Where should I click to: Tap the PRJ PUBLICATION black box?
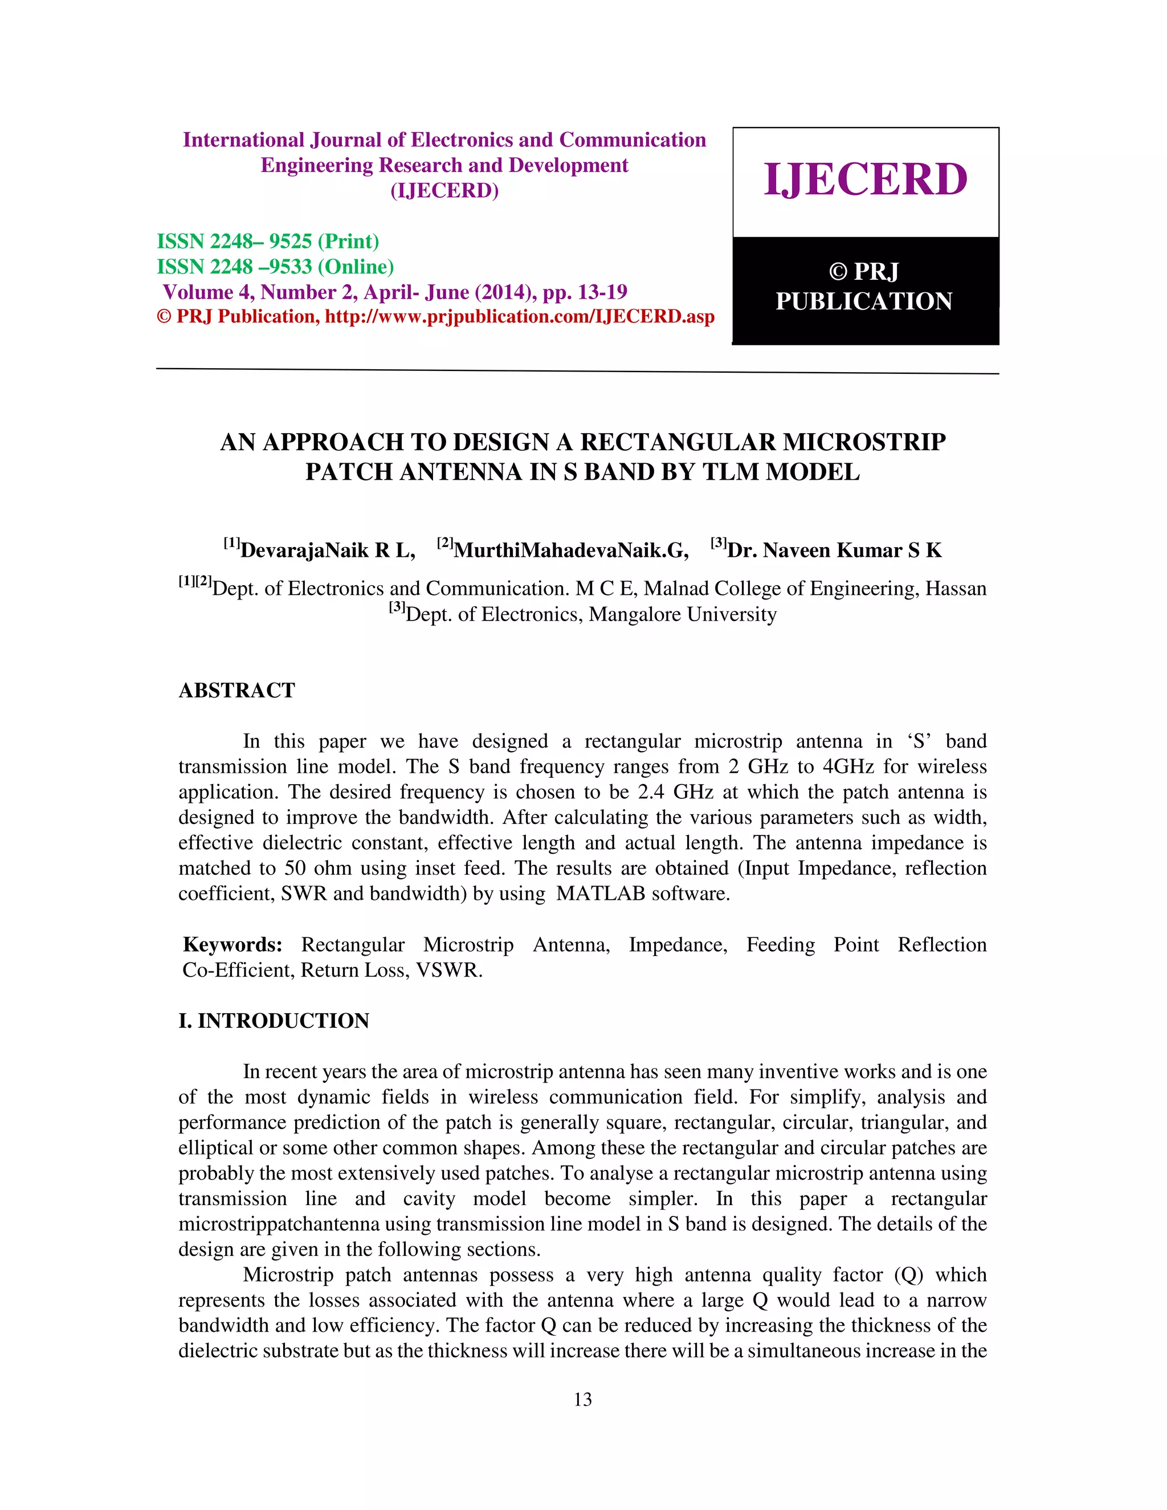click(865, 289)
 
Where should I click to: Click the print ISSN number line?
click(268, 241)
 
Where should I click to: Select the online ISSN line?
click(275, 267)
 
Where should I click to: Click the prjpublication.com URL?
click(519, 317)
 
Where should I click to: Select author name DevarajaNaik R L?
click(327, 550)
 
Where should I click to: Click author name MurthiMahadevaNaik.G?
click(570, 550)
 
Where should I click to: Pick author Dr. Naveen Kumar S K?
click(834, 550)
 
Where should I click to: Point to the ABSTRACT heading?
click(236, 690)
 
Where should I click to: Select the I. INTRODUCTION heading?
click(274, 1021)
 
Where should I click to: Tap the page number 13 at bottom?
click(583, 1399)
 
